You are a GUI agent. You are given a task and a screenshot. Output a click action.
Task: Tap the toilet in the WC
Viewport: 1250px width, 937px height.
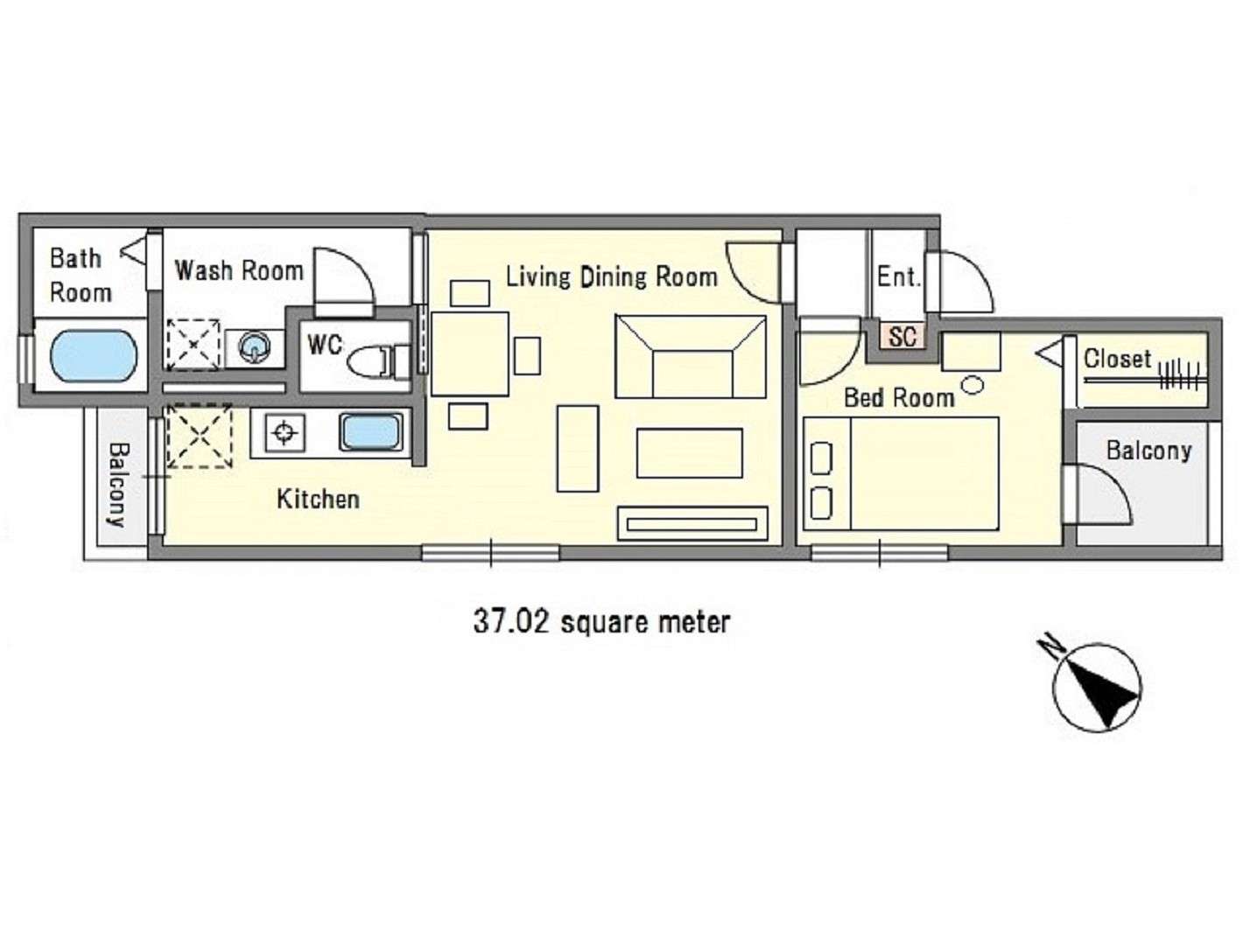coord(377,360)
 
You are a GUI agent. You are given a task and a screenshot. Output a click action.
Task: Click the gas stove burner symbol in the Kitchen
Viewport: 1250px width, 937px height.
coord(284,433)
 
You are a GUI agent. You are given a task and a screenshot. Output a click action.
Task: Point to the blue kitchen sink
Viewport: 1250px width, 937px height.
coord(371,432)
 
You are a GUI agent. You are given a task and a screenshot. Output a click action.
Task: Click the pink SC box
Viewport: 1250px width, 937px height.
coord(902,336)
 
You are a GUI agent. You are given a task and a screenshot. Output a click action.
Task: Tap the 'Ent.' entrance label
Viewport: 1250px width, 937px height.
coord(899,277)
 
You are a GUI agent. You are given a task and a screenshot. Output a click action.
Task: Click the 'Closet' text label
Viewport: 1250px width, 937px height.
coord(1117,359)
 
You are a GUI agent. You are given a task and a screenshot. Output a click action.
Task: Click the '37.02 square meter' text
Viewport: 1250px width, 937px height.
coord(602,621)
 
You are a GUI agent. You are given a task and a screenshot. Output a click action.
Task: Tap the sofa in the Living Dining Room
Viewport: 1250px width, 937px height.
coord(690,357)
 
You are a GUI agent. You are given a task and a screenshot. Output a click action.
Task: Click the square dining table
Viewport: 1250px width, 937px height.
coord(470,353)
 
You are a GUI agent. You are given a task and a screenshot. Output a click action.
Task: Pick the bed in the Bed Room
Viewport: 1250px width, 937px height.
coord(901,473)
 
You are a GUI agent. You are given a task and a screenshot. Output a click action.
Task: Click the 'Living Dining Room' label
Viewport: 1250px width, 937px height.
coord(612,277)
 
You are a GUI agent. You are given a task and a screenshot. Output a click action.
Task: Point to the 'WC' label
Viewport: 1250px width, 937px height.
coord(325,344)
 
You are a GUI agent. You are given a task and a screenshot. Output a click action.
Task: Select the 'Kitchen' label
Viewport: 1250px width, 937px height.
coord(318,499)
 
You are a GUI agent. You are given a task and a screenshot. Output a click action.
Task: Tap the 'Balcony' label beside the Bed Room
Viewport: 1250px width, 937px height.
coord(1148,451)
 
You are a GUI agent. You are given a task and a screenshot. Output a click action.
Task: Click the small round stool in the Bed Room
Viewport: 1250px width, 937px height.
coord(973,385)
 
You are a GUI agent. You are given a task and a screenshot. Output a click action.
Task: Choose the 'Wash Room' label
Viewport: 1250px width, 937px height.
coord(239,270)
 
